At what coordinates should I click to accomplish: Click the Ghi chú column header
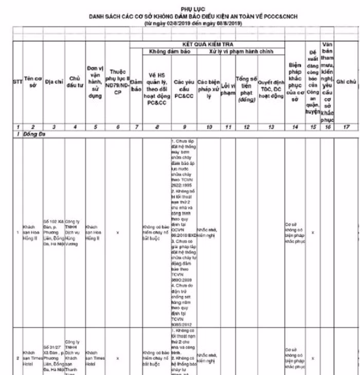pos(346,82)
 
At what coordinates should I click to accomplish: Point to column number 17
pos(346,126)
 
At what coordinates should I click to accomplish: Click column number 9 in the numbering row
pos(184,126)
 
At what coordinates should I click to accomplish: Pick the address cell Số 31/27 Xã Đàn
pos(53,356)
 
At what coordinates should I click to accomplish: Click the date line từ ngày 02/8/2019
pos(192,24)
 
